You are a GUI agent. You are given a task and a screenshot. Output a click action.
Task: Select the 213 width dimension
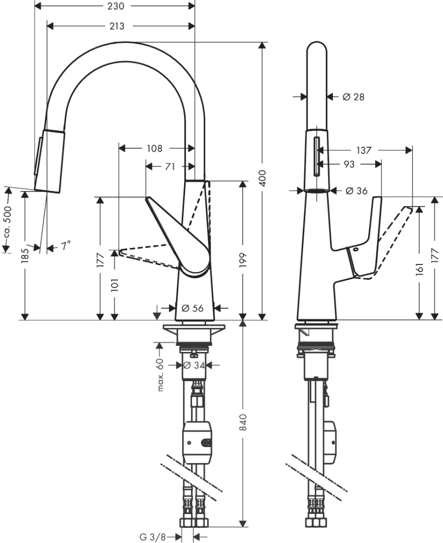pyautogui.click(x=116, y=26)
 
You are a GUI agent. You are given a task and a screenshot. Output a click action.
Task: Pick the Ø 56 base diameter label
pyautogui.click(x=192, y=308)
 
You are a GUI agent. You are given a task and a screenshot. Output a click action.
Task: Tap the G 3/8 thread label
pyautogui.click(x=152, y=537)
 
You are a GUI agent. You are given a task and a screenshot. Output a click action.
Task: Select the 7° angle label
pyautogui.click(x=65, y=246)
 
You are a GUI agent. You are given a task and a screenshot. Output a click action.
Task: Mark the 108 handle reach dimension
pyautogui.click(x=155, y=148)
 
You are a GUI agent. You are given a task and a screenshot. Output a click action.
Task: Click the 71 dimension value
pyautogui.click(x=169, y=166)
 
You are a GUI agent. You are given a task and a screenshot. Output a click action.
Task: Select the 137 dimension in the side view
pyautogui.click(x=364, y=150)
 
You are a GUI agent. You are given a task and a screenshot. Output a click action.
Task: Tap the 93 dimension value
pyautogui.click(x=349, y=164)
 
